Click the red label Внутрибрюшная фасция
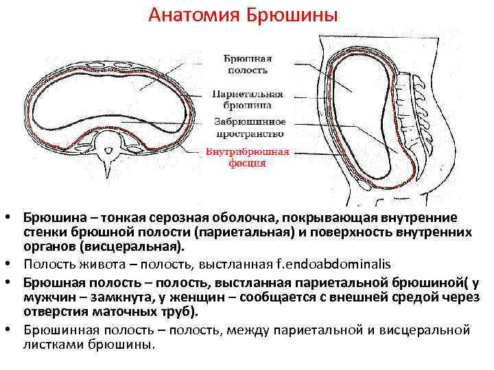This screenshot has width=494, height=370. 247,158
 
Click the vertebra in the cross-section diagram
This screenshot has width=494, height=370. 110,147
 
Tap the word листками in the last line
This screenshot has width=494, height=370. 49,345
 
